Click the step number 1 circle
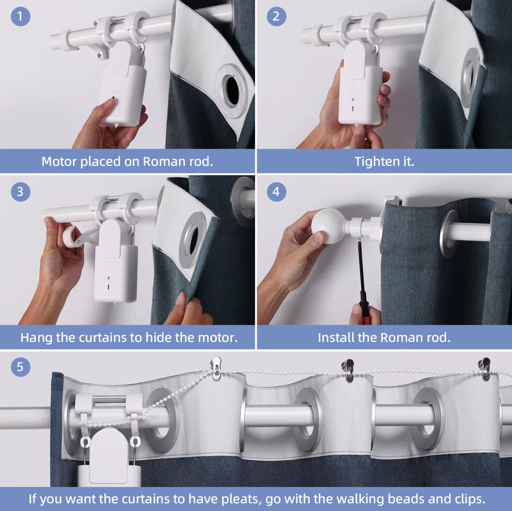click(20, 16)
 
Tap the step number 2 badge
click(276, 16)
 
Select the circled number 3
click(20, 191)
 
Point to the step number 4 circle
click(276, 191)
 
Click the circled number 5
click(20, 367)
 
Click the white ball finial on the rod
click(328, 226)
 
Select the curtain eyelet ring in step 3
click(193, 240)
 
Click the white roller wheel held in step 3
click(70, 237)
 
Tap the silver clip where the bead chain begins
click(216, 368)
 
